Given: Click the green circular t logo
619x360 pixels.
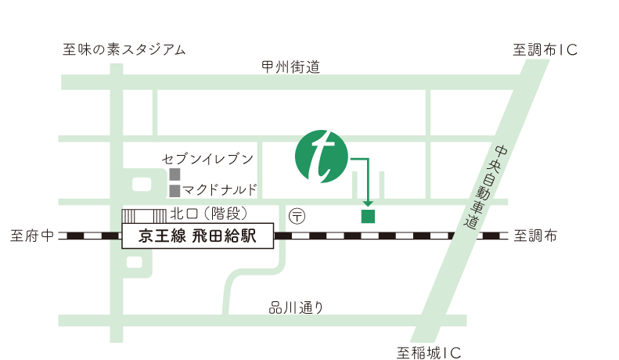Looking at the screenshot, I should pos(322,157).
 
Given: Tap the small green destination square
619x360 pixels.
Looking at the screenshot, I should pos(368,216).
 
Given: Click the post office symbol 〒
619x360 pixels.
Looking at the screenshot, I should pos(298,214).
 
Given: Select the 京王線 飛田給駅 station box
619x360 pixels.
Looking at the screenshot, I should pos(198,236).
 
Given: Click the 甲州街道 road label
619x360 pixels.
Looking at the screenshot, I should pos(291,67).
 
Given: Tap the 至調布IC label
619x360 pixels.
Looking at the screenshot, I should pos(545,50).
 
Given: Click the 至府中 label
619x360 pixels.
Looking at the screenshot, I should pos(32,235).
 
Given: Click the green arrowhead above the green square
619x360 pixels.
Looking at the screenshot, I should pos(368,203).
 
